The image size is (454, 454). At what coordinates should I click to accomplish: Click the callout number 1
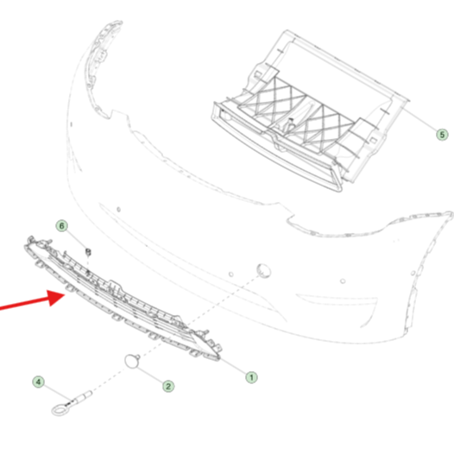(x=251, y=377)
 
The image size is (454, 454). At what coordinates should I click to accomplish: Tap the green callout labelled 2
(x=168, y=387)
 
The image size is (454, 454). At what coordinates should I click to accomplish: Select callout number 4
(x=39, y=381)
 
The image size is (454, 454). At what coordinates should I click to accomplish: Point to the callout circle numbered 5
(x=442, y=135)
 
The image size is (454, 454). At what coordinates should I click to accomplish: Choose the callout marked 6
(x=61, y=226)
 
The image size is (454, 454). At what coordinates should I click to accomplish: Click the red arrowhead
(x=56, y=298)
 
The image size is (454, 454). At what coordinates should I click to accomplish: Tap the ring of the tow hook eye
(x=60, y=410)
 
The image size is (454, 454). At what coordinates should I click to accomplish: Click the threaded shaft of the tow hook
(x=82, y=397)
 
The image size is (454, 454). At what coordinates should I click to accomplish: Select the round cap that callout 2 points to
(x=132, y=362)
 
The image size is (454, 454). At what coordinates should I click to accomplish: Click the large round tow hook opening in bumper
(x=264, y=270)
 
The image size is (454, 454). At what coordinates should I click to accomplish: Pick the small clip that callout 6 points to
(x=88, y=252)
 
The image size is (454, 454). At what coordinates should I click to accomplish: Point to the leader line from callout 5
(x=419, y=119)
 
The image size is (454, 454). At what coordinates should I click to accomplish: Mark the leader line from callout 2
(x=150, y=375)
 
